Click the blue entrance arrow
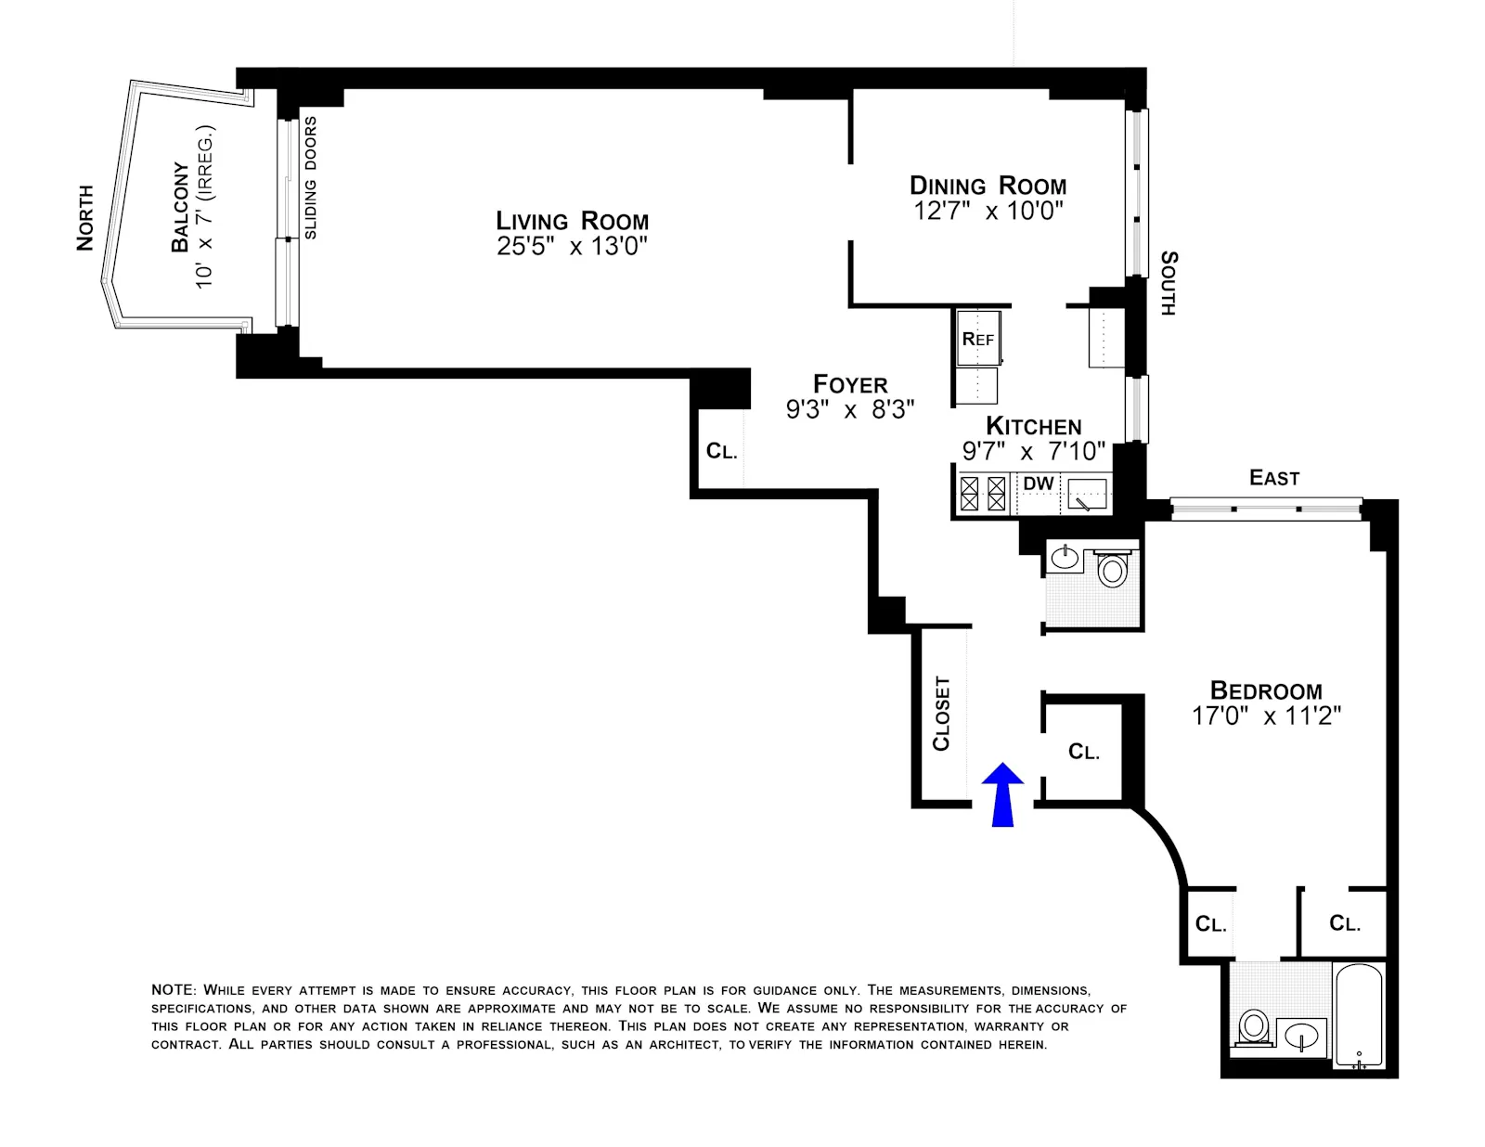tap(1002, 793)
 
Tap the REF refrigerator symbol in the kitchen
tap(978, 340)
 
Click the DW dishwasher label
tap(1039, 483)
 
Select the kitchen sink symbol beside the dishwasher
tap(1087, 494)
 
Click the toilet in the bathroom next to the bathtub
tap(1253, 1027)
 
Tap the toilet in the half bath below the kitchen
tap(1112, 569)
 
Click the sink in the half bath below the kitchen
tap(1065, 558)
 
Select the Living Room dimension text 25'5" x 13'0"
tap(572, 246)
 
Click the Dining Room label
tap(988, 186)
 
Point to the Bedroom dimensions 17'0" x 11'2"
tap(1266, 715)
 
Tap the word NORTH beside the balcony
tap(85, 218)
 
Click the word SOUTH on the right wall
tap(1169, 283)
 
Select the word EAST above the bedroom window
tap(1273, 478)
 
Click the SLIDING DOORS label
tap(311, 177)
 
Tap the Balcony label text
tap(180, 207)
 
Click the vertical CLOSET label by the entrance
tap(941, 713)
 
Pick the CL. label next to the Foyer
tap(721, 452)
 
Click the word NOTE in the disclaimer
tap(174, 990)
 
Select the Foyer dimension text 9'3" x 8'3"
tap(850, 409)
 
